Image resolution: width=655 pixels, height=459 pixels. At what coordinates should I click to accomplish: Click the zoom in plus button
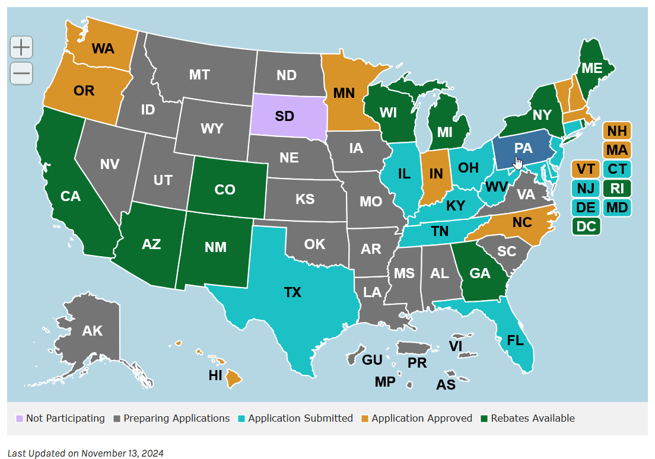click(21, 47)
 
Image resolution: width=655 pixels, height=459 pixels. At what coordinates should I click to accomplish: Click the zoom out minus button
click(21, 74)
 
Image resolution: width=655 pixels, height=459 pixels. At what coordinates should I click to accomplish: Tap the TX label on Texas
click(292, 292)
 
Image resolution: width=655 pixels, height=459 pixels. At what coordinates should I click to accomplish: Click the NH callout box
click(617, 130)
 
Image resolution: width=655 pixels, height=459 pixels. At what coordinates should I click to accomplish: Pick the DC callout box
click(586, 226)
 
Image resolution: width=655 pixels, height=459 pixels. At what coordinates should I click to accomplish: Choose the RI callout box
click(617, 188)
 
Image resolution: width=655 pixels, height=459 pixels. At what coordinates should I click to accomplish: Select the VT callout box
click(586, 169)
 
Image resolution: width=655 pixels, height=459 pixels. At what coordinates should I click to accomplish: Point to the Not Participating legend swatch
click(20, 419)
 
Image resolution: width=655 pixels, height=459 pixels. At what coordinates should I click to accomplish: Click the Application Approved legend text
click(422, 418)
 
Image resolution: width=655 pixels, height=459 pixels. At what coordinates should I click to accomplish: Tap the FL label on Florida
click(516, 341)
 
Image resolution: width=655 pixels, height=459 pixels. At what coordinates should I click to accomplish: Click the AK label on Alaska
click(93, 331)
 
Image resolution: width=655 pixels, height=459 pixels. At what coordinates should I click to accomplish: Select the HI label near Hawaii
click(215, 375)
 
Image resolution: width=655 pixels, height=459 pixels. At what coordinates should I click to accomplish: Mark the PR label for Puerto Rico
click(417, 362)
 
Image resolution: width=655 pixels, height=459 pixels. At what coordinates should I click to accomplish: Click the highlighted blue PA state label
click(523, 149)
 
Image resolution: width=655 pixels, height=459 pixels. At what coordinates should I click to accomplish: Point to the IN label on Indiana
click(436, 174)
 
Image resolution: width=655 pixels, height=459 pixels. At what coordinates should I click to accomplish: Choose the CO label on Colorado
click(225, 190)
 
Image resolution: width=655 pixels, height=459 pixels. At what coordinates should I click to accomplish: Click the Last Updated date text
click(85, 453)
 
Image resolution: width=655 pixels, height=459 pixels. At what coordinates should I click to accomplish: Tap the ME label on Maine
click(592, 68)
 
